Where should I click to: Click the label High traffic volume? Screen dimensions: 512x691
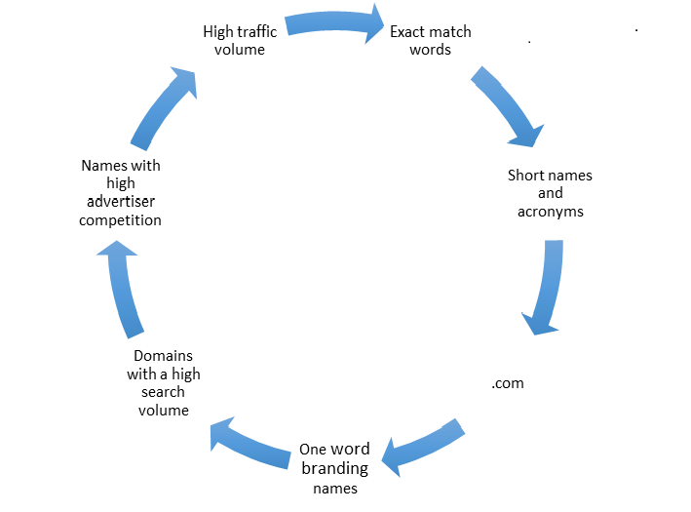pos(240,40)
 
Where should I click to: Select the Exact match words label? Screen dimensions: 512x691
pos(430,40)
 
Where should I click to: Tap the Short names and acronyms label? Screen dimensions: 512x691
pos(550,193)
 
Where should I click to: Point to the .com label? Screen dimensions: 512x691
pos(508,383)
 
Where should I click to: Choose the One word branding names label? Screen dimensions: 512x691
pos(334,468)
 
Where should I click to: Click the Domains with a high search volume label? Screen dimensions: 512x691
pos(164,382)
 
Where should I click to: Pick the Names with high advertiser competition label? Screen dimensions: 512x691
pos(121,193)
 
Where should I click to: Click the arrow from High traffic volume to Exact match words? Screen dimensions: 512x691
pos(334,22)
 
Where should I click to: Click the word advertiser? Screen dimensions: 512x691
pos(121,202)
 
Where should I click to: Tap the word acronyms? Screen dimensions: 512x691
pos(550,211)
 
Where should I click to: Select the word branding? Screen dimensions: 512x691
pos(333,468)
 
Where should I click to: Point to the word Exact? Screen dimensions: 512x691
pos(409,32)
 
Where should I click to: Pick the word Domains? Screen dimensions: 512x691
pos(164,356)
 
